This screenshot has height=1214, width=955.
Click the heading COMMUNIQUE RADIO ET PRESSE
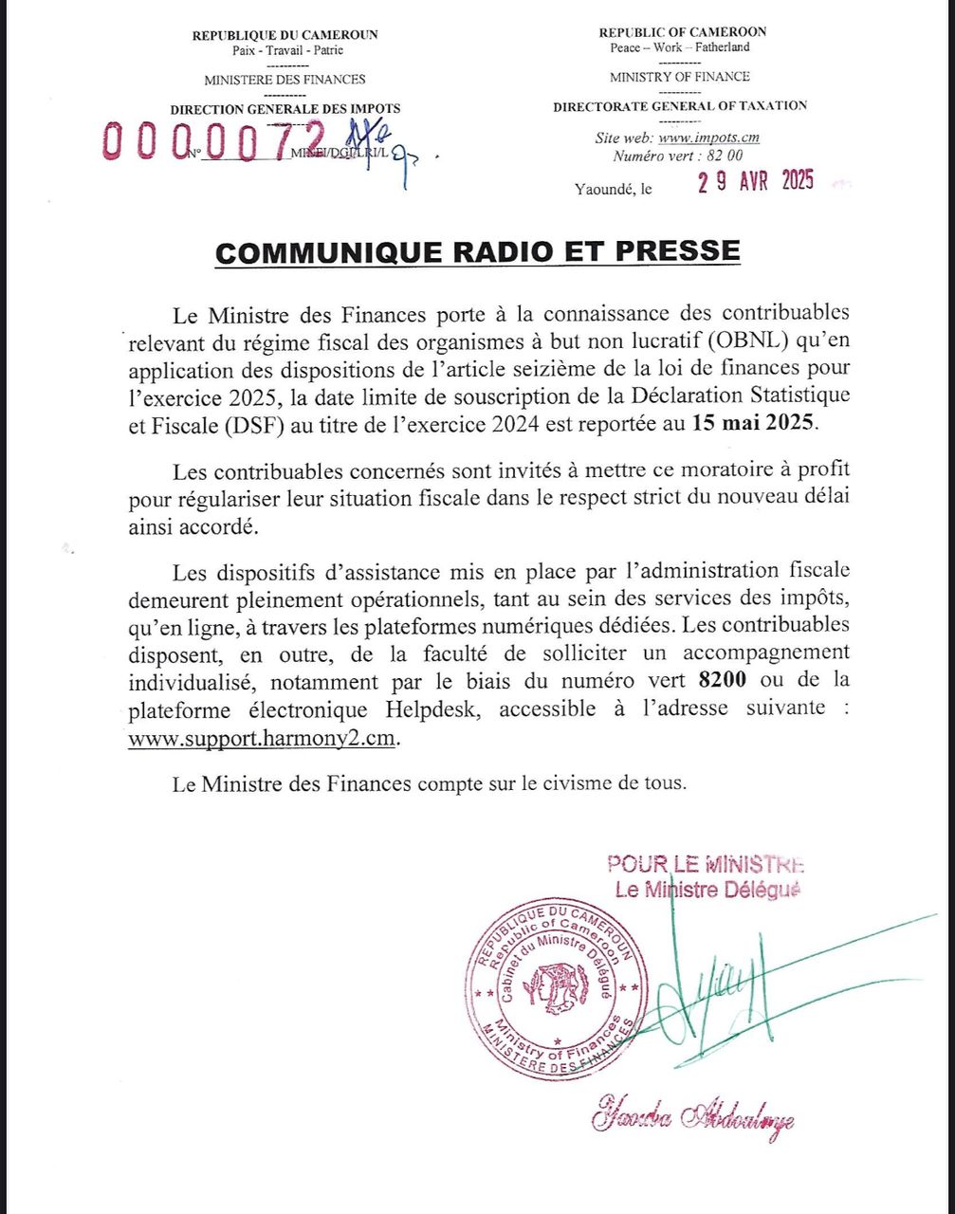pos(477,251)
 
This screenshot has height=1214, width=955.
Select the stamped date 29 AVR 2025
pos(756,183)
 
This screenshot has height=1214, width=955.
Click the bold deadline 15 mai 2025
pos(751,423)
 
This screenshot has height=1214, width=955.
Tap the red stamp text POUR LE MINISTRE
pos(706,864)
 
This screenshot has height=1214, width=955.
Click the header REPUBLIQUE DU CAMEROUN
pos(285,35)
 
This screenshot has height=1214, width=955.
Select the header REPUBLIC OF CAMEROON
pos(683,32)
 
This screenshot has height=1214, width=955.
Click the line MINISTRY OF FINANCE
pos(679,77)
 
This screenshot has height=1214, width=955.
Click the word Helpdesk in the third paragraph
pos(435,708)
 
